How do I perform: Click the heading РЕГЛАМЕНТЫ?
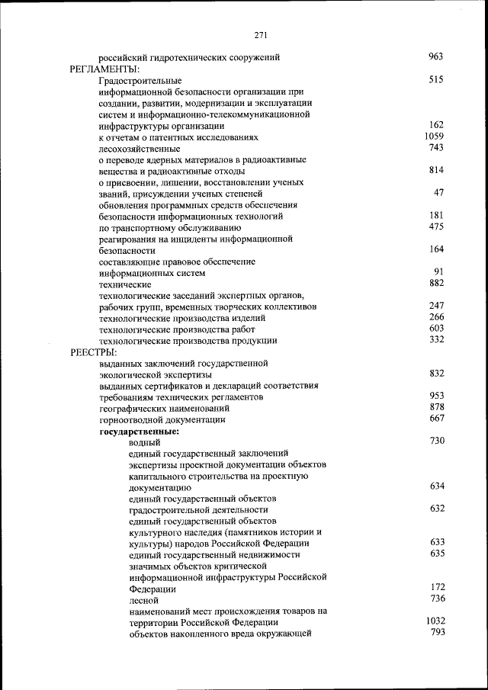100,69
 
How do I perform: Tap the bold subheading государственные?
139,431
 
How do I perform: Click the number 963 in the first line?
436,56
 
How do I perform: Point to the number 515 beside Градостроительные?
436,79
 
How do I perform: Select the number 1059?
434,136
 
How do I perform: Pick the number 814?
436,170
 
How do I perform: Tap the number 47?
438,193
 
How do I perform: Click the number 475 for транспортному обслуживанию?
436,226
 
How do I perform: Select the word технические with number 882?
125,284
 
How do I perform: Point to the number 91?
438,271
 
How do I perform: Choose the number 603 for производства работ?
436,328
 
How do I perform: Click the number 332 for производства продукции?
436,339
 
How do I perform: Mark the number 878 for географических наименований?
436,407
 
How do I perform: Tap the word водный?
144,442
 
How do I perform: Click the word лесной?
143,601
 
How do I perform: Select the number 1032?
435,621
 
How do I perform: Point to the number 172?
437,587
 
